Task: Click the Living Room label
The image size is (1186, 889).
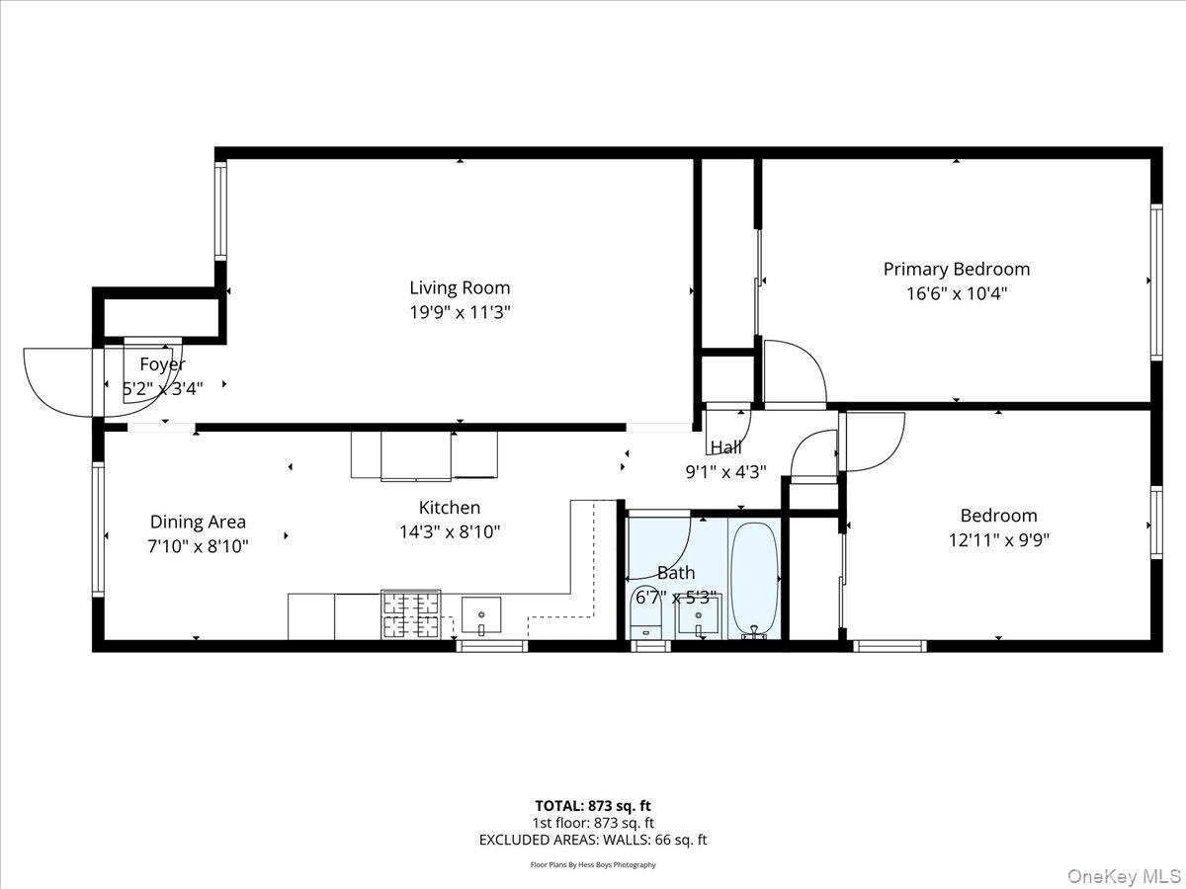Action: click(460, 287)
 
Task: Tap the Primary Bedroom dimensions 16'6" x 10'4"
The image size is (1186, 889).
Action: click(956, 293)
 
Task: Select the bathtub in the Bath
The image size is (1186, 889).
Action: click(755, 579)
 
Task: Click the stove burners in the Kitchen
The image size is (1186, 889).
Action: click(411, 613)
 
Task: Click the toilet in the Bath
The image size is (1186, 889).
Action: click(645, 621)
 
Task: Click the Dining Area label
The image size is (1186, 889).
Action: click(198, 522)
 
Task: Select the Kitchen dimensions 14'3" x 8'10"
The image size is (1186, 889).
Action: click(450, 531)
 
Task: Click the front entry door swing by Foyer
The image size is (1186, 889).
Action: click(57, 380)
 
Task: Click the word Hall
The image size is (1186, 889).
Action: click(725, 447)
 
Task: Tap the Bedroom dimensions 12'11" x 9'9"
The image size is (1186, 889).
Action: click(998, 540)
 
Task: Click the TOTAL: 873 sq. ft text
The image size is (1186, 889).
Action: click(593, 805)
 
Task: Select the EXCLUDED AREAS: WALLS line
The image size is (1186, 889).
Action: click(593, 840)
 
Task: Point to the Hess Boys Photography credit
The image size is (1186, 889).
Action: click(593, 864)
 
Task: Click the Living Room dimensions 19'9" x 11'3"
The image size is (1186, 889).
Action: click(460, 312)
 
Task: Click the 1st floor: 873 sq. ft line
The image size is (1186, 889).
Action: click(593, 822)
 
